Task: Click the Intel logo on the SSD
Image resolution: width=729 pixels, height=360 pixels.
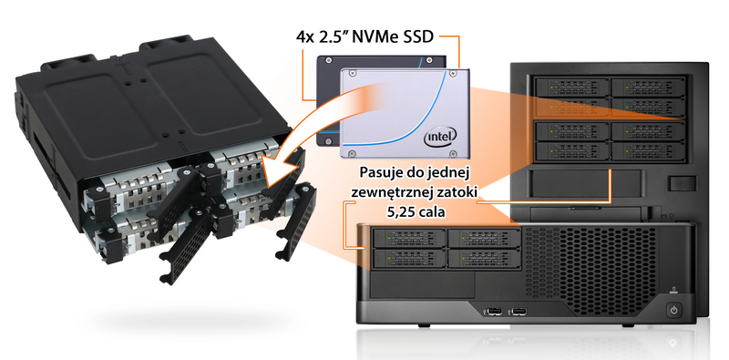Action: tap(440, 136)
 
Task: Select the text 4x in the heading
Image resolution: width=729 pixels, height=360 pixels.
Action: tap(305, 37)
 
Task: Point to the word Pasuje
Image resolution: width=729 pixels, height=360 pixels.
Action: tap(382, 173)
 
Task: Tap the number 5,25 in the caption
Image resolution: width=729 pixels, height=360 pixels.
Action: tap(402, 212)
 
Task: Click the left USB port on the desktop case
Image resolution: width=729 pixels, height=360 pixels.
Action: tap(493, 311)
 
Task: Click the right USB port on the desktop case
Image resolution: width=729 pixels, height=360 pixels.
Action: tap(519, 311)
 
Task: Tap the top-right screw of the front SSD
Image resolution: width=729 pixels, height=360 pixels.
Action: tap(450, 73)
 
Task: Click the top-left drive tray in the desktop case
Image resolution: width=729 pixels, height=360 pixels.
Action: tap(408, 239)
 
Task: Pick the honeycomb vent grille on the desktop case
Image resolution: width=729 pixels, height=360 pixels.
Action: tap(590, 262)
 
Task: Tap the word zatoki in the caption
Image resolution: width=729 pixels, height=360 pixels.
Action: tap(457, 192)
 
